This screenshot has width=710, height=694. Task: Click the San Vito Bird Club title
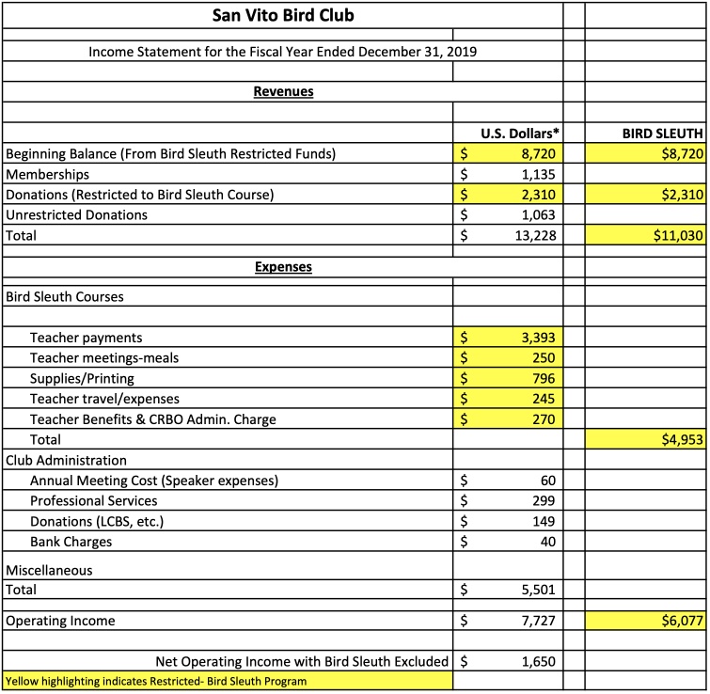[x=283, y=16]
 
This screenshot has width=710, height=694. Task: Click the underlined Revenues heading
[x=283, y=92]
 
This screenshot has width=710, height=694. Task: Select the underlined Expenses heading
[x=283, y=267]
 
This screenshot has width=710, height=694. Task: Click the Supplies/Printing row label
[x=82, y=378]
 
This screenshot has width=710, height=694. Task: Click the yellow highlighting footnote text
[x=156, y=681]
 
